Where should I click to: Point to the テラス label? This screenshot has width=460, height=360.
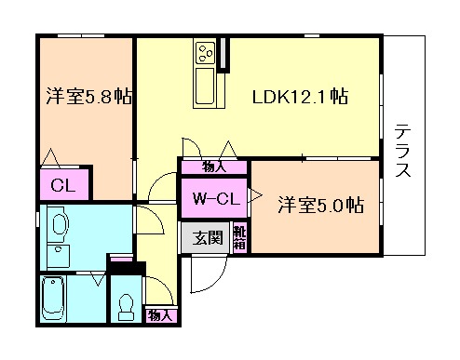click(x=403, y=150)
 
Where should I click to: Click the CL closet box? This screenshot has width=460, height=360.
click(x=63, y=183)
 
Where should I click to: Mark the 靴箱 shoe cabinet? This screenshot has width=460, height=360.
click(x=239, y=237)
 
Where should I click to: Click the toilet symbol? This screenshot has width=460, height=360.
click(x=126, y=305)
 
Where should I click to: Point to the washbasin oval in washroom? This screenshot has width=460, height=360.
click(x=58, y=225)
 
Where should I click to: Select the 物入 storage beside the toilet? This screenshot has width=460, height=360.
click(x=160, y=314)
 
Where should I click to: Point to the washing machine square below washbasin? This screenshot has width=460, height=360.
click(x=58, y=255)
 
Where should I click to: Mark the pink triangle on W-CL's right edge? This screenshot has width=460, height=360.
click(x=254, y=197)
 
